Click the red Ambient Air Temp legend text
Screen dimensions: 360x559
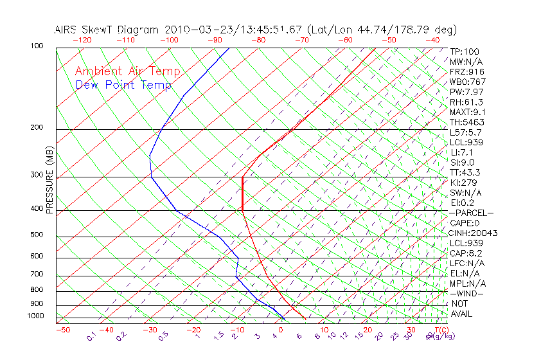[127, 72]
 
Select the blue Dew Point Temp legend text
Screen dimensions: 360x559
[123, 85]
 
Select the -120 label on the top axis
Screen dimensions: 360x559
[82, 40]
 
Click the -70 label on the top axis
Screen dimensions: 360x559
[301, 40]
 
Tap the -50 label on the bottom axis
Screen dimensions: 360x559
[62, 330]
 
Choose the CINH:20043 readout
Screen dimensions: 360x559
[474, 233]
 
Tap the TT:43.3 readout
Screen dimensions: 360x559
[466, 173]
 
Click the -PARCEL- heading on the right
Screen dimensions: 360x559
[472, 213]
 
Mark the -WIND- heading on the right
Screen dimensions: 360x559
[466, 294]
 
